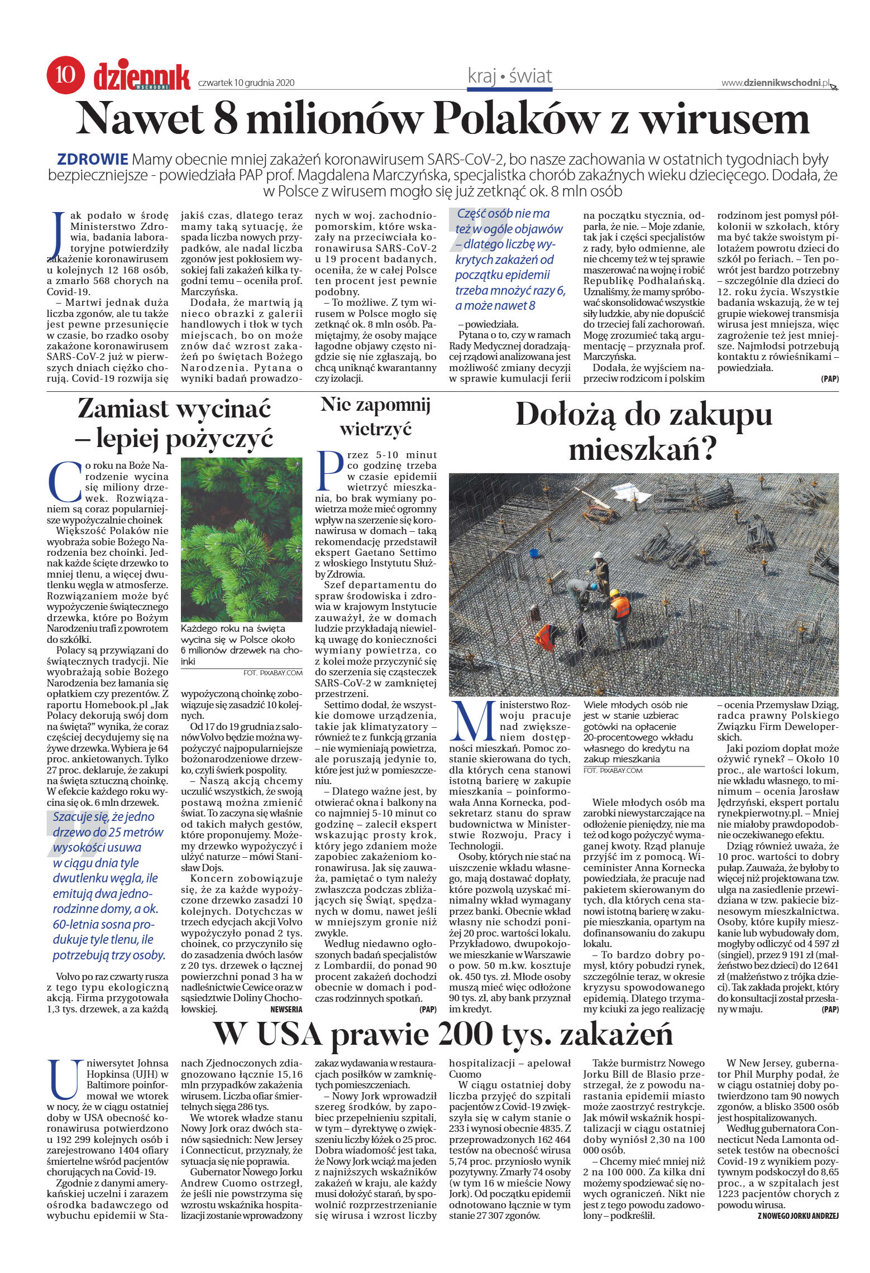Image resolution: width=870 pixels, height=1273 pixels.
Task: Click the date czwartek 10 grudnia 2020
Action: coord(246,83)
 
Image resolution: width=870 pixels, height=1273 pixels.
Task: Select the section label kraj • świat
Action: coord(509,76)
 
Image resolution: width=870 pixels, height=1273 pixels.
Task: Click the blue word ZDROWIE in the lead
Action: coord(94,158)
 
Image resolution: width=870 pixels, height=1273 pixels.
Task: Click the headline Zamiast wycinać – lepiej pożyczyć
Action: coord(175,424)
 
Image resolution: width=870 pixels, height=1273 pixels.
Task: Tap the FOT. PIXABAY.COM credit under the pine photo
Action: coord(273,673)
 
